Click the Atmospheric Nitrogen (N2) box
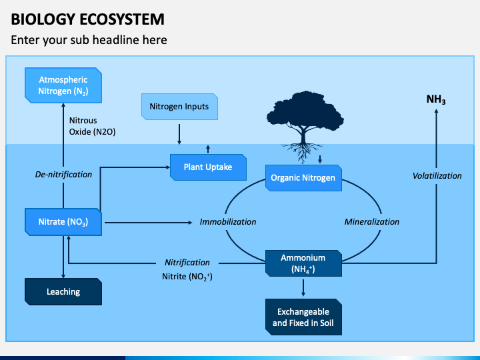[63, 85]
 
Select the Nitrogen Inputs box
[179, 107]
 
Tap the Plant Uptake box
[208, 167]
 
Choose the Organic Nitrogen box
[303, 178]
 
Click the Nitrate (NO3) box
[63, 222]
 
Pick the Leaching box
[63, 292]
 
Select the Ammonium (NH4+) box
[303, 263]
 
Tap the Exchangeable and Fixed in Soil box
[303, 317]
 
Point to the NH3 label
[436, 99]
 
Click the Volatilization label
[437, 176]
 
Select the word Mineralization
[372, 221]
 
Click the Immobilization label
[228, 221]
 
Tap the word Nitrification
[187, 263]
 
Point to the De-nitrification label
[63, 175]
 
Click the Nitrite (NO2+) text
[187, 277]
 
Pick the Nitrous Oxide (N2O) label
[92, 126]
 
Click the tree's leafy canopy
[305, 111]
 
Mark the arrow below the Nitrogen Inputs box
[179, 134]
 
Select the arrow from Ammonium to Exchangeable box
[303, 288]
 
